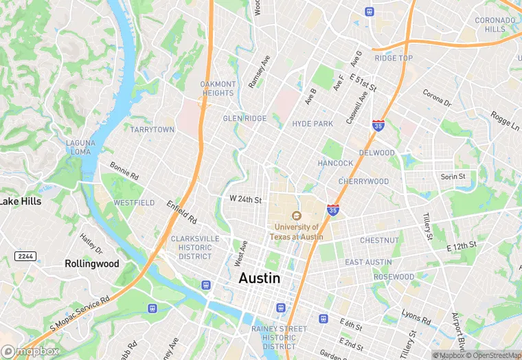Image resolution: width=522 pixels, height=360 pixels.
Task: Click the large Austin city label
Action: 260,278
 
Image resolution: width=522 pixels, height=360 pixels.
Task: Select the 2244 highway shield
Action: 25,256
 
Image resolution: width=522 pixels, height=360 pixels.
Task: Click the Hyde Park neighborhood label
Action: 313,124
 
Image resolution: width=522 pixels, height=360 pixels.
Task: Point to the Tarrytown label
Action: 152,129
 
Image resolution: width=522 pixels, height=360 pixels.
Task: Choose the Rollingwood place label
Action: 92,264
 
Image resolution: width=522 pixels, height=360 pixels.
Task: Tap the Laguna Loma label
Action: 78,147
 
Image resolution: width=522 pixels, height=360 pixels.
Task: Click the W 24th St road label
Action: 246,199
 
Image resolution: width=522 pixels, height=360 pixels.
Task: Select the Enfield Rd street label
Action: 182,212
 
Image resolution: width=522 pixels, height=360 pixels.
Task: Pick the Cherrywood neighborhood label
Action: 363,181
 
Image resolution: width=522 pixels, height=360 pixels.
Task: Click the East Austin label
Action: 368,262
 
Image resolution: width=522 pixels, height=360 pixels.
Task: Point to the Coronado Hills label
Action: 495,25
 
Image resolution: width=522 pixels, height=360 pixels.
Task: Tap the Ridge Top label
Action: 394,58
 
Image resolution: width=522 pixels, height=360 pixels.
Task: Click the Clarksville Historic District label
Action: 195,247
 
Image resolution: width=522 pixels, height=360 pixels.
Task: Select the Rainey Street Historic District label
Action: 279,337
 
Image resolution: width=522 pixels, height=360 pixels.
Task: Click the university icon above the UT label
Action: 297,216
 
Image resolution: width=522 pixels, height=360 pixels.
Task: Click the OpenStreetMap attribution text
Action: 493,355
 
